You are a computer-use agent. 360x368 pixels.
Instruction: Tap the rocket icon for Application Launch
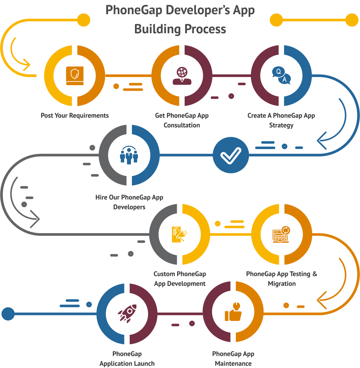coord(127,313)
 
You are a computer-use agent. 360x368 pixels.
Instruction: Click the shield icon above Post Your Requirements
coord(75,76)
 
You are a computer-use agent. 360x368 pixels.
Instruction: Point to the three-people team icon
coord(129,155)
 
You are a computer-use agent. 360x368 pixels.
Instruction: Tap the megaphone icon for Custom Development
coord(180,234)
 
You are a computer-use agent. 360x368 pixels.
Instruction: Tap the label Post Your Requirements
coord(75,115)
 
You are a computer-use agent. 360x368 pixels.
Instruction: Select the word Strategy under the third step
coord(281,125)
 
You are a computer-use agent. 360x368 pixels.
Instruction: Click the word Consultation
coord(182,125)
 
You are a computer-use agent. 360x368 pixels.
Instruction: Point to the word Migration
coord(281,284)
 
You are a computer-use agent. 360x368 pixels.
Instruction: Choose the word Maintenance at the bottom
coord(233,364)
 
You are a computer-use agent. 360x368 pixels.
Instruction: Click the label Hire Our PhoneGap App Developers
coord(129,202)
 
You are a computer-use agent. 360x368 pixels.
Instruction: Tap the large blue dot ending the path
coord(8,313)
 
